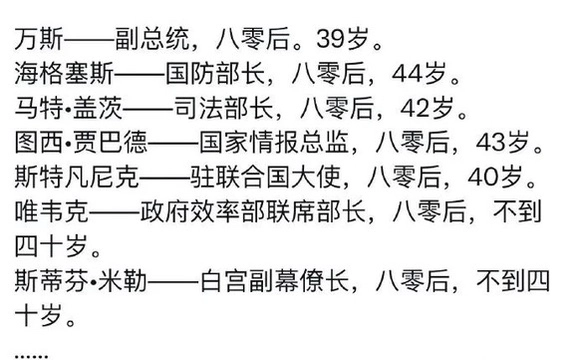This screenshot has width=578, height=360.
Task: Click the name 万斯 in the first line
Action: [37, 41]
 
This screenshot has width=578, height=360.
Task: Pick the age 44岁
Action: [424, 74]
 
